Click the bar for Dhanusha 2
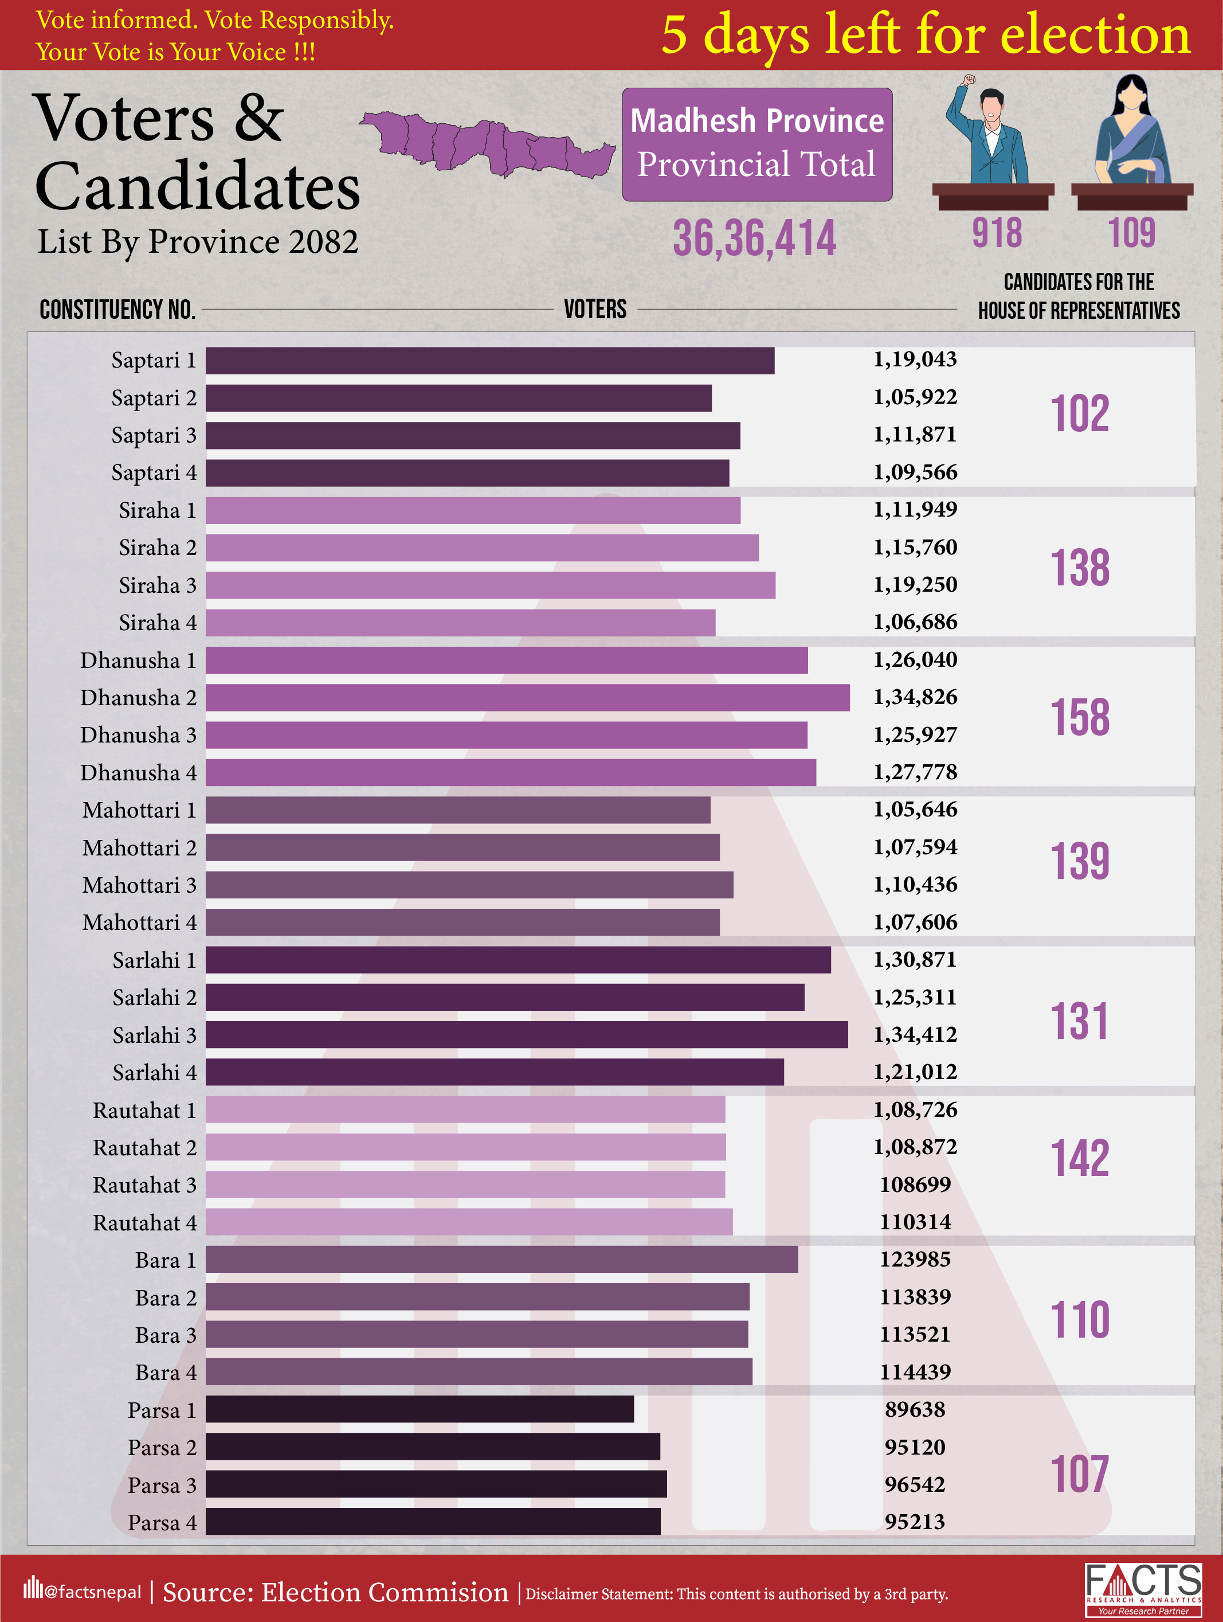(528, 697)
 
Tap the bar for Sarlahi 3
(526, 1035)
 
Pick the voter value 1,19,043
(915, 359)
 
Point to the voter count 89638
(915, 1409)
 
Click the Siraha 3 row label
(158, 585)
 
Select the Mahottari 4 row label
(139, 923)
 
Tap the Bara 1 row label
(166, 1260)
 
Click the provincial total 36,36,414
(754, 239)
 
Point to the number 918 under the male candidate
(997, 233)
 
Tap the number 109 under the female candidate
(1131, 233)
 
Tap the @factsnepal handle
(92, 1591)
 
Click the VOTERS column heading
(595, 310)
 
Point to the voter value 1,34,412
(915, 1035)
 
